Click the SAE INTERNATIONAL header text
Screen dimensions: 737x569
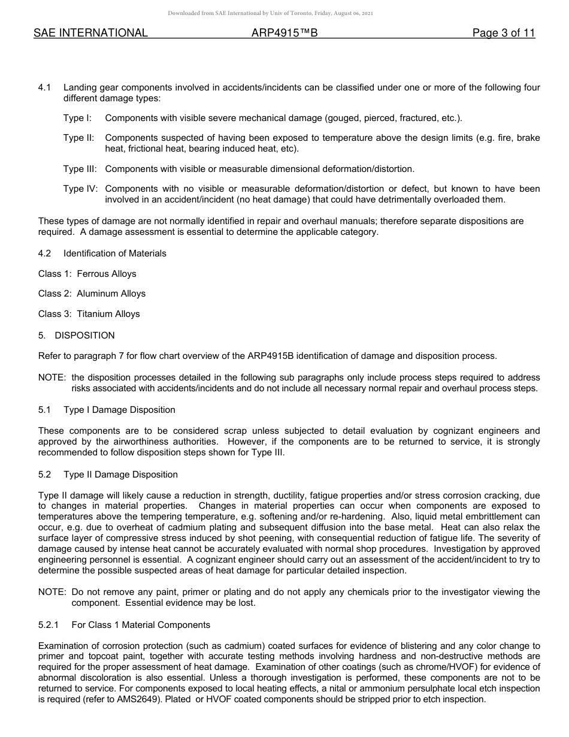[90, 34]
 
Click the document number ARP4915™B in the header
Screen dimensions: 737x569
[284, 34]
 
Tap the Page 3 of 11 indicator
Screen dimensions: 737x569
[503, 34]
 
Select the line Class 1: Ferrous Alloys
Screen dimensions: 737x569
[87, 274]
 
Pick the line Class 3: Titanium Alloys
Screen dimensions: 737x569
[89, 314]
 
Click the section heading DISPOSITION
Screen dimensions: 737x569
[84, 336]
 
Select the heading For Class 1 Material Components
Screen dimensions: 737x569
[141, 625]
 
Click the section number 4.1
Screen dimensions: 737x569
[44, 87]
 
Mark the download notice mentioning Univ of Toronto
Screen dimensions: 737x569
[271, 13]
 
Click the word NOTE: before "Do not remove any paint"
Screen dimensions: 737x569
[52, 592]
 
